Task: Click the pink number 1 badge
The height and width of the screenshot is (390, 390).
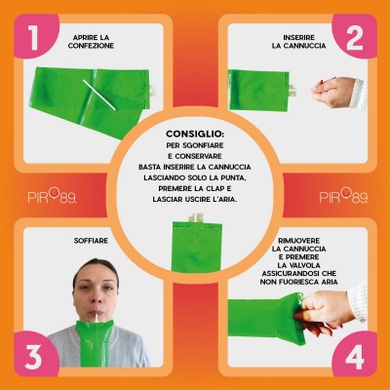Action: pyautogui.click(x=36, y=36)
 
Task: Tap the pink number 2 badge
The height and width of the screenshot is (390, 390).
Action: pyautogui.click(x=354, y=36)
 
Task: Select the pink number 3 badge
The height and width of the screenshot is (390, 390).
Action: pyautogui.click(x=36, y=354)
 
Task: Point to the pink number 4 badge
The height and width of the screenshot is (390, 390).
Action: pyautogui.click(x=354, y=354)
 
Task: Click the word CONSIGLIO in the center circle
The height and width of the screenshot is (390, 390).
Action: pyautogui.click(x=195, y=134)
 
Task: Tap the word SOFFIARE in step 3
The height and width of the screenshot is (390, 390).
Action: pyautogui.click(x=91, y=241)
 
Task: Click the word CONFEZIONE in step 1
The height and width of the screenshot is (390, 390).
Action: pyautogui.click(x=91, y=46)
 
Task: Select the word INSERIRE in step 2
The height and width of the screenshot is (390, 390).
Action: pyautogui.click(x=299, y=38)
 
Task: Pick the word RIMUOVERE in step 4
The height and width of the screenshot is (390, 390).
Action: pyautogui.click(x=299, y=241)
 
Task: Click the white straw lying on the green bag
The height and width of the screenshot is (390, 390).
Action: pyautogui.click(x=99, y=95)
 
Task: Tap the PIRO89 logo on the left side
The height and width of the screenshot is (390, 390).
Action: pyautogui.click(x=52, y=196)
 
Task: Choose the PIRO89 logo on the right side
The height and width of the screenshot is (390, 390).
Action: pyautogui.click(x=344, y=196)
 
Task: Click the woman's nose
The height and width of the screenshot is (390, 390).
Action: pyautogui.click(x=97, y=296)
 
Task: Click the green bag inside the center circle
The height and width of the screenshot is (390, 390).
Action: pyautogui.click(x=197, y=247)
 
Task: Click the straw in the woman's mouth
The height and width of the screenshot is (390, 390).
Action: pyautogui.click(x=97, y=317)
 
